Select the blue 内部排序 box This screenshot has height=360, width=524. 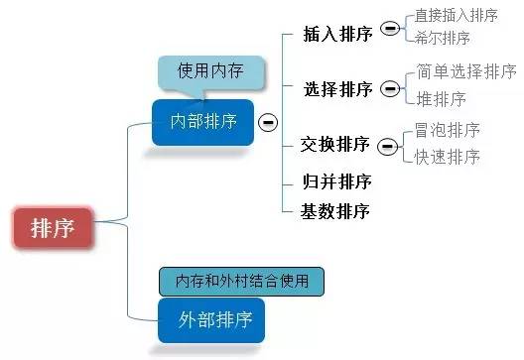point(202,122)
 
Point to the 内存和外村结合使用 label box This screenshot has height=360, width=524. point(241,281)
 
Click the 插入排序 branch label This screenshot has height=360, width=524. point(337,34)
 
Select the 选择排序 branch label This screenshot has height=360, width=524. point(337,89)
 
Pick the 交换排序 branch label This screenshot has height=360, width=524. point(335,145)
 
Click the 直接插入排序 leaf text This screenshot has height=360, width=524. point(456,15)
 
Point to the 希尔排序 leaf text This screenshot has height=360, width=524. point(442,38)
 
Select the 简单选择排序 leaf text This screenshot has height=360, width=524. point(466,71)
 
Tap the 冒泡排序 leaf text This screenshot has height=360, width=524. point(448,130)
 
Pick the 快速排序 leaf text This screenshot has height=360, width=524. point(448,156)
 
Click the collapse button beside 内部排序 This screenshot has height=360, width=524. point(268,123)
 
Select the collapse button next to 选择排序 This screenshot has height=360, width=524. point(391,87)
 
